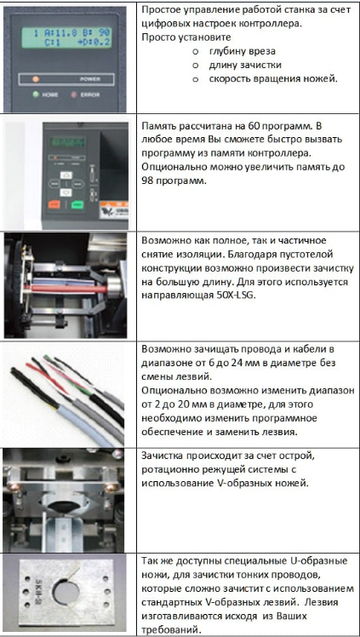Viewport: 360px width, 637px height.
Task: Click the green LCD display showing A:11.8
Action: point(66,37)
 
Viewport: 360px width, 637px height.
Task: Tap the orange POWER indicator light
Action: point(36,79)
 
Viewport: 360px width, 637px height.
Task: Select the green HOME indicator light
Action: point(36,95)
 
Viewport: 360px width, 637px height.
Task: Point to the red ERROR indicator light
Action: point(74,95)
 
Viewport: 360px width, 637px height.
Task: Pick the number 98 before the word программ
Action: point(147,181)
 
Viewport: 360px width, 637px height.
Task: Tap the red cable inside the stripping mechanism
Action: point(67,290)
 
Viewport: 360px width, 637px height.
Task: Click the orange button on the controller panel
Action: point(54,204)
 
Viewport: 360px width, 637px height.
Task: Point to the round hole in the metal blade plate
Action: point(66,593)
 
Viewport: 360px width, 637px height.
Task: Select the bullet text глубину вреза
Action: point(243,52)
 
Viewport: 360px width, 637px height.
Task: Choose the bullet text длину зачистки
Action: point(245,65)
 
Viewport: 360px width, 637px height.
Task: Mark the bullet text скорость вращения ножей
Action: point(273,79)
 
